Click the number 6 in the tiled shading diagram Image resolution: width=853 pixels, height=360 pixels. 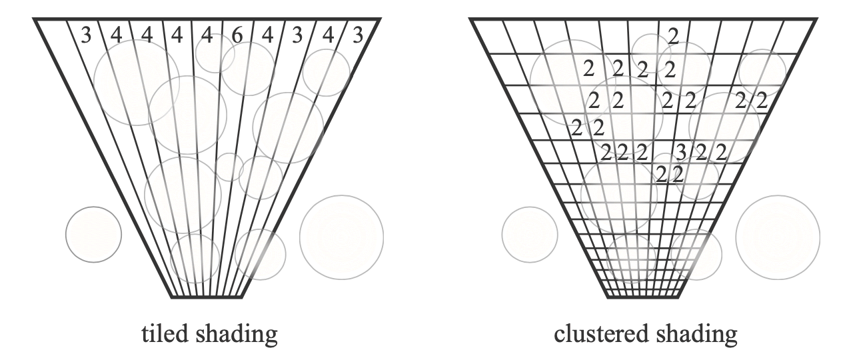[x=237, y=35]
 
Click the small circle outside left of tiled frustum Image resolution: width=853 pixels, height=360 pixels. [x=93, y=234]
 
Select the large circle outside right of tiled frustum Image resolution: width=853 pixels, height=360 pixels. [x=341, y=237]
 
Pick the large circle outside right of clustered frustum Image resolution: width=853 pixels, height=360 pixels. [x=778, y=237]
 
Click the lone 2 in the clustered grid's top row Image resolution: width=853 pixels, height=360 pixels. [x=673, y=35]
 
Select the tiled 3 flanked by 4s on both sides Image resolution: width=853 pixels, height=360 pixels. [x=298, y=35]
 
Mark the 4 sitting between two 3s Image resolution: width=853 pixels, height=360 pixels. [x=329, y=35]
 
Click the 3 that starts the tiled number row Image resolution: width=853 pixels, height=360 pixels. [x=85, y=35]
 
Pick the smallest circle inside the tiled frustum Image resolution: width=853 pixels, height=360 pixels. [x=228, y=166]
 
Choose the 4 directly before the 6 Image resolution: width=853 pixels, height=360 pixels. [x=208, y=35]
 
